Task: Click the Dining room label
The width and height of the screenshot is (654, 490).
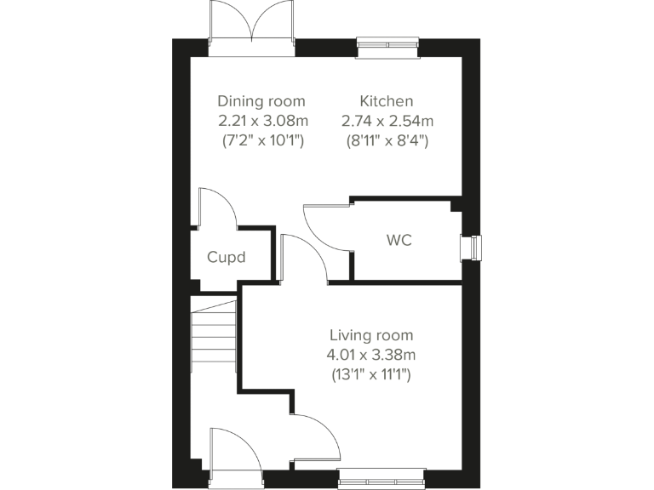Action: pos(261,101)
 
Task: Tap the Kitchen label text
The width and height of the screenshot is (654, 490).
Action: pos(386,101)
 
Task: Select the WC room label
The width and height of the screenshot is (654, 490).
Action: pos(399,241)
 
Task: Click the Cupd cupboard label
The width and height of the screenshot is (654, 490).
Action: pos(227,256)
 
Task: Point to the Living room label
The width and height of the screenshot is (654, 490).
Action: pos(372,335)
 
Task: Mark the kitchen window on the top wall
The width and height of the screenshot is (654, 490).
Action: pos(387,47)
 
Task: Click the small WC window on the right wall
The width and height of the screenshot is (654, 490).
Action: pos(470,246)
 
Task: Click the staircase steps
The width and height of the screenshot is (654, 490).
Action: pos(213,337)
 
